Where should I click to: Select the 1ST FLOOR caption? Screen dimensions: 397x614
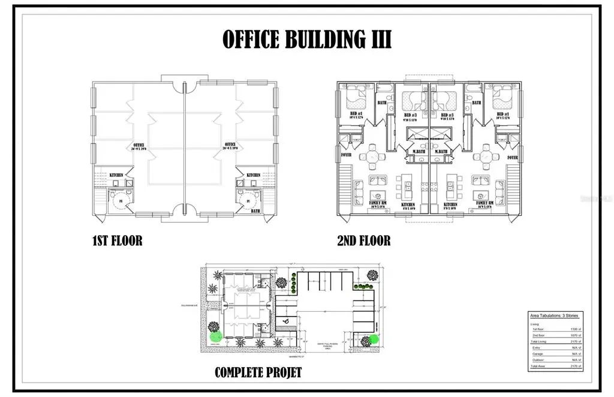(x=117, y=241)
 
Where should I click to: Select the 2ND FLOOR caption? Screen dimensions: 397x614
(x=364, y=241)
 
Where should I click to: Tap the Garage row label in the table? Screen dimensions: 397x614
(x=538, y=354)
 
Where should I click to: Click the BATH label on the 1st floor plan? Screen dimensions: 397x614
(x=255, y=210)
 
